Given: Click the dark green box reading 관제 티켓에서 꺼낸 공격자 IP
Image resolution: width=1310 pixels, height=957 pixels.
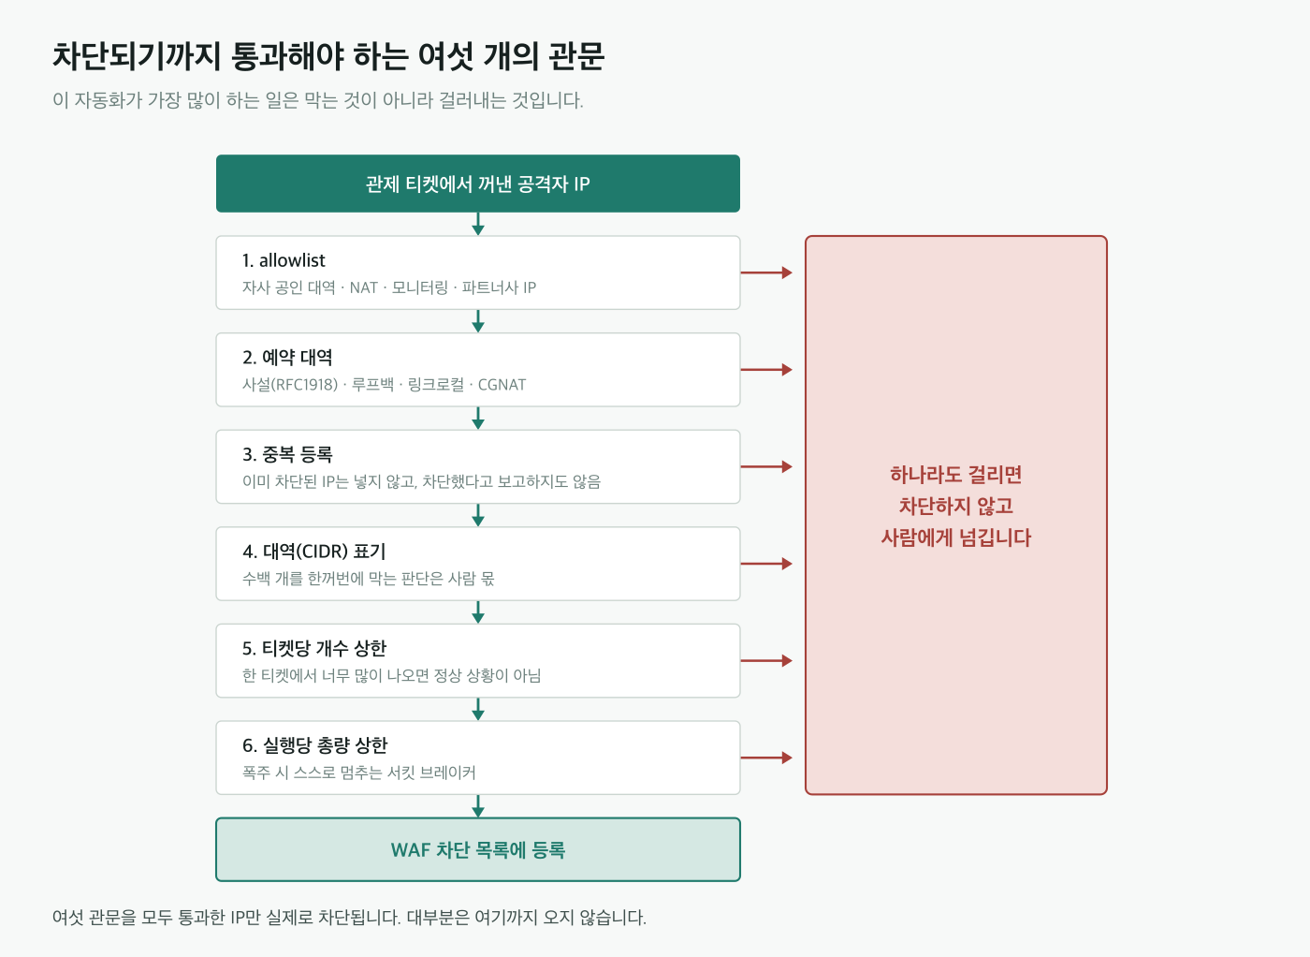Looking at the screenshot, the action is [478, 184].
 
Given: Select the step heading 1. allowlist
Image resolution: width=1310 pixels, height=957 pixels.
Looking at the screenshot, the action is [284, 260].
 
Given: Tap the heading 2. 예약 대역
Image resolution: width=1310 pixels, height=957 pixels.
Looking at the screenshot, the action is [287, 357].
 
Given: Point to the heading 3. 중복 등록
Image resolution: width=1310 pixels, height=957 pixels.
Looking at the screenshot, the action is [287, 454].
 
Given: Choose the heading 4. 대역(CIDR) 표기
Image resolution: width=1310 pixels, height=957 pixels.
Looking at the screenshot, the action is [314, 552].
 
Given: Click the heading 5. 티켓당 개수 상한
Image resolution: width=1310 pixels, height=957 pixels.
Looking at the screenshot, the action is [314, 648].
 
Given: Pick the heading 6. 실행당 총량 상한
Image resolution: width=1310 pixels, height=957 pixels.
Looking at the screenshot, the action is [314, 745].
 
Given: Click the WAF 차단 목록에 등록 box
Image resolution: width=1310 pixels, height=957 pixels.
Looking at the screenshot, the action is [478, 849].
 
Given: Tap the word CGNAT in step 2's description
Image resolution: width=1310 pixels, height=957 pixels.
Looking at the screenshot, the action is [502, 385].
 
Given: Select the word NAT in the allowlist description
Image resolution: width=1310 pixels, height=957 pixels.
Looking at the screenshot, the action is [363, 287].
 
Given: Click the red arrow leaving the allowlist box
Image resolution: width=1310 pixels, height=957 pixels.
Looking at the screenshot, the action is [766, 272].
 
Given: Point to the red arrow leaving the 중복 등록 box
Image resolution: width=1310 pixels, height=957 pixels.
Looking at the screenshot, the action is [766, 466].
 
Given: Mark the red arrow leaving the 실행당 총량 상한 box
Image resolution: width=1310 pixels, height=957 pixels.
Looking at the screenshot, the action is [766, 758].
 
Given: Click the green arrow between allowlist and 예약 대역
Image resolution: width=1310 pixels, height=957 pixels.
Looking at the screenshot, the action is [478, 321].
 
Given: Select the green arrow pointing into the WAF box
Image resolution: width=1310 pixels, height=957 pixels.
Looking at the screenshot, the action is [478, 806].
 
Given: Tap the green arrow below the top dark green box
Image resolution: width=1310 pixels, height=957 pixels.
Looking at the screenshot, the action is [478, 224].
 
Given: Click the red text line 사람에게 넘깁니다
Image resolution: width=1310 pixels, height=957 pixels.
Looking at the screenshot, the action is [956, 537].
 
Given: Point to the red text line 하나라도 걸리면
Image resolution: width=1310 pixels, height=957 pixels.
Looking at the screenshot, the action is [956, 474].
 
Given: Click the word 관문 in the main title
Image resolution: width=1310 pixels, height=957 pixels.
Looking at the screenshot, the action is [576, 57].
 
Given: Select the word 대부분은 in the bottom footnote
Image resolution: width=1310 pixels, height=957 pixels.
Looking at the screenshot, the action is [438, 917].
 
